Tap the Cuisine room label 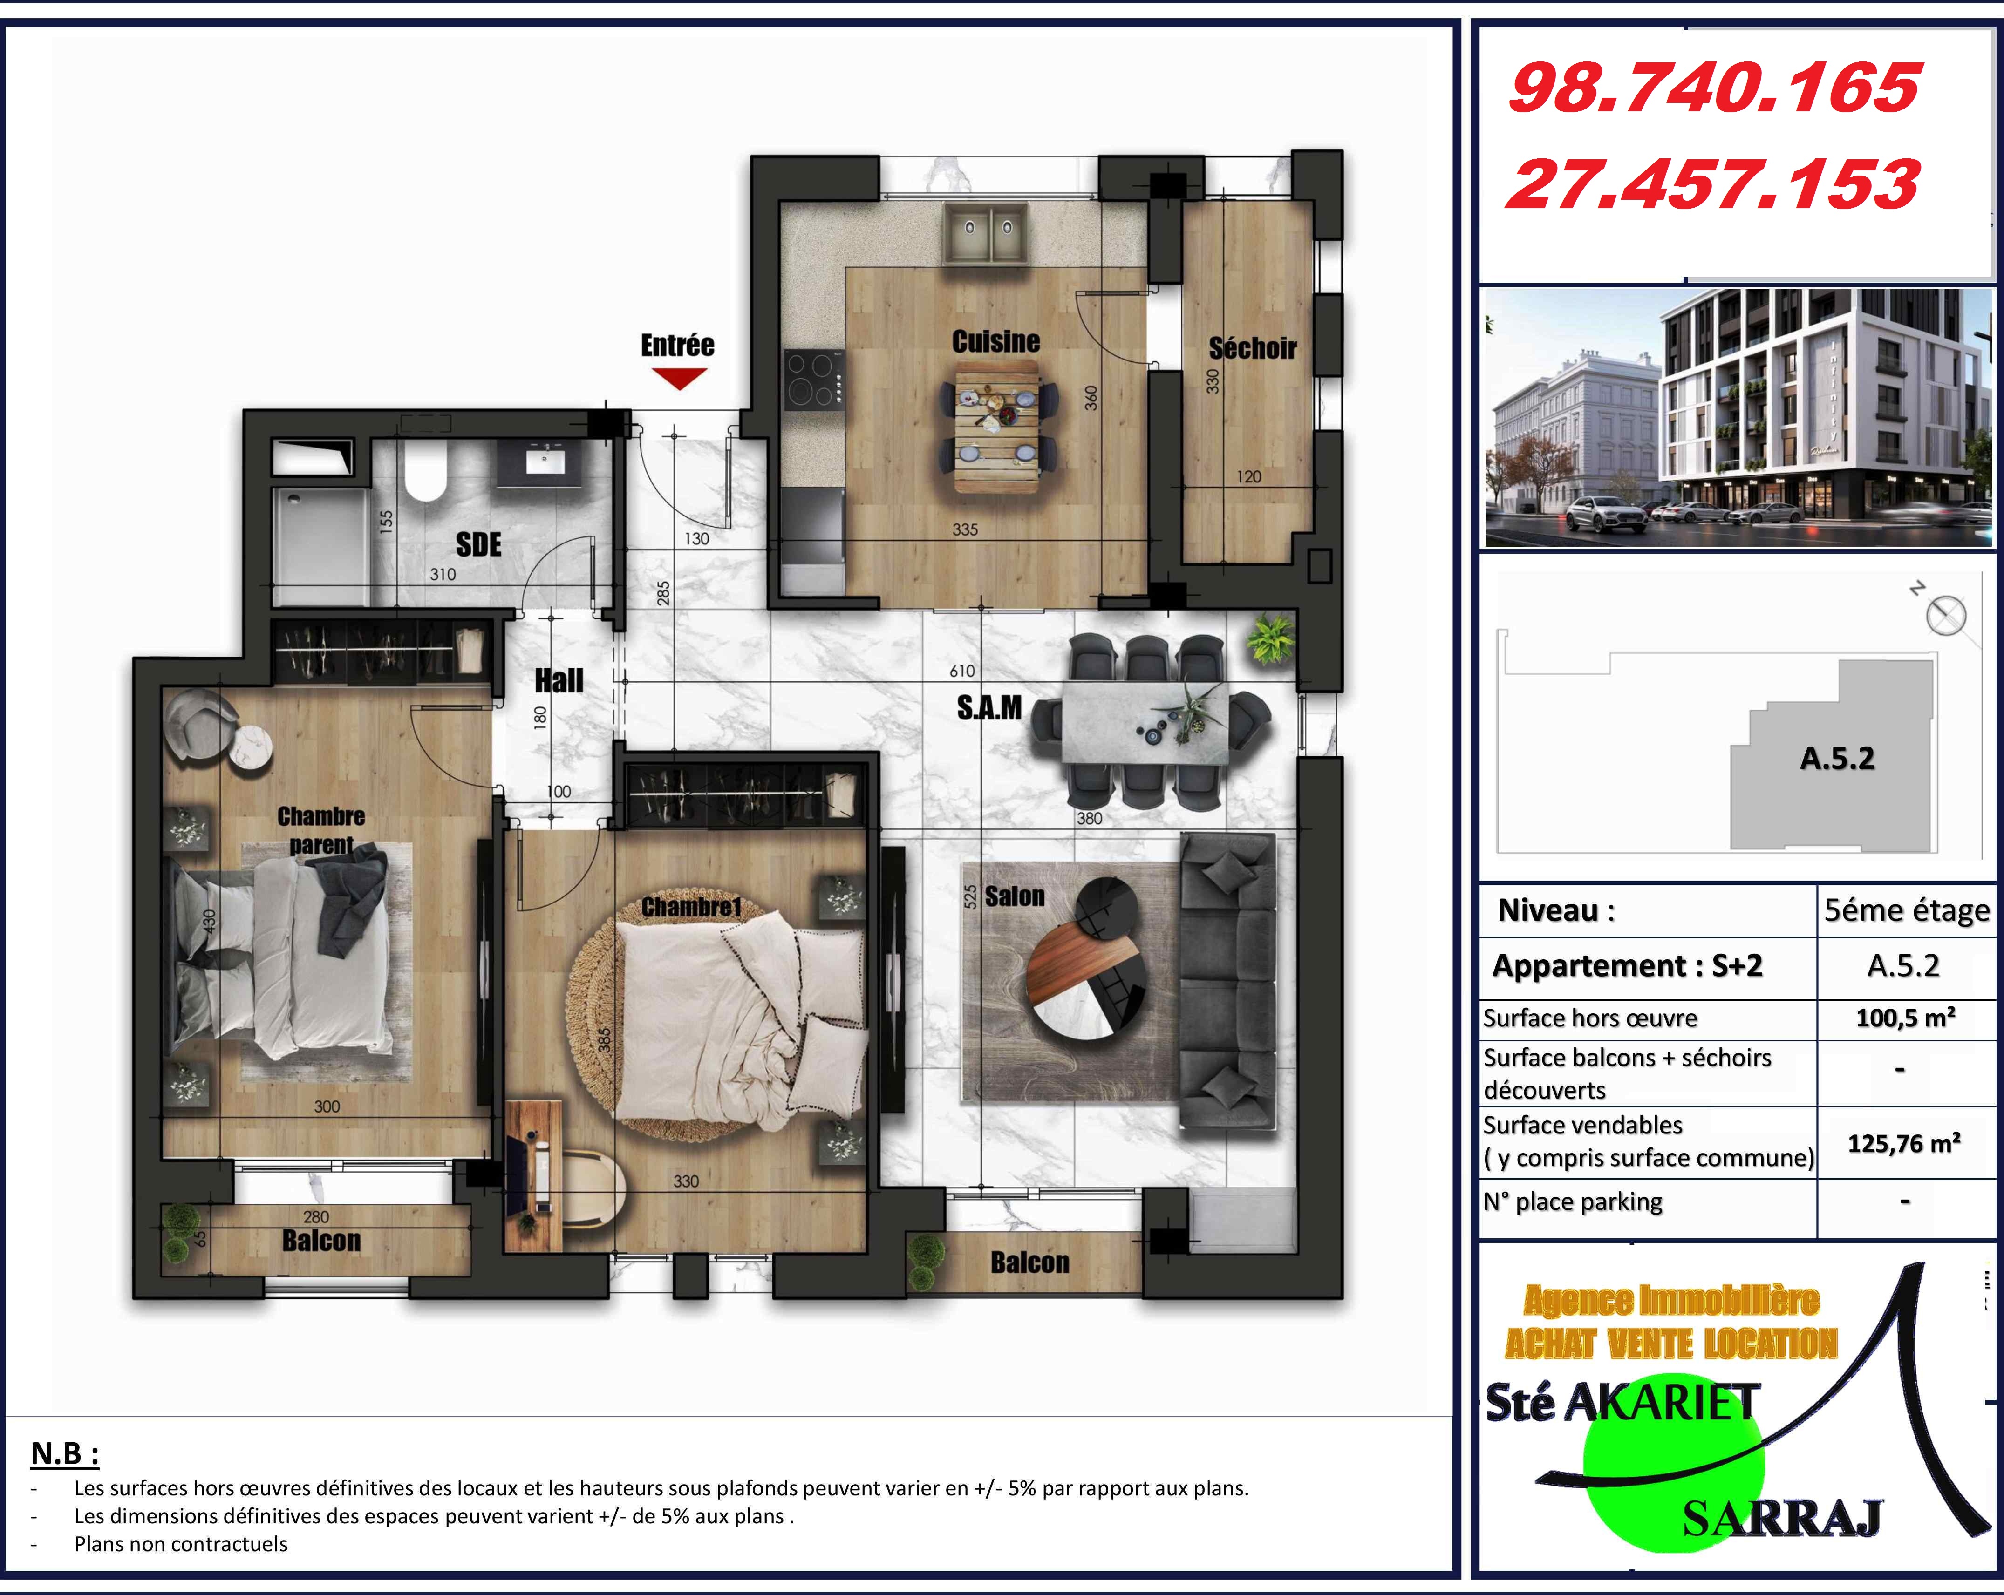[x=995, y=341]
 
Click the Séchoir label [x=1252, y=348]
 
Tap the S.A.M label [x=989, y=708]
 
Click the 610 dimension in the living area [x=962, y=671]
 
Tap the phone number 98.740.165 [x=1713, y=89]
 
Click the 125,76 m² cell [x=1904, y=1143]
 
